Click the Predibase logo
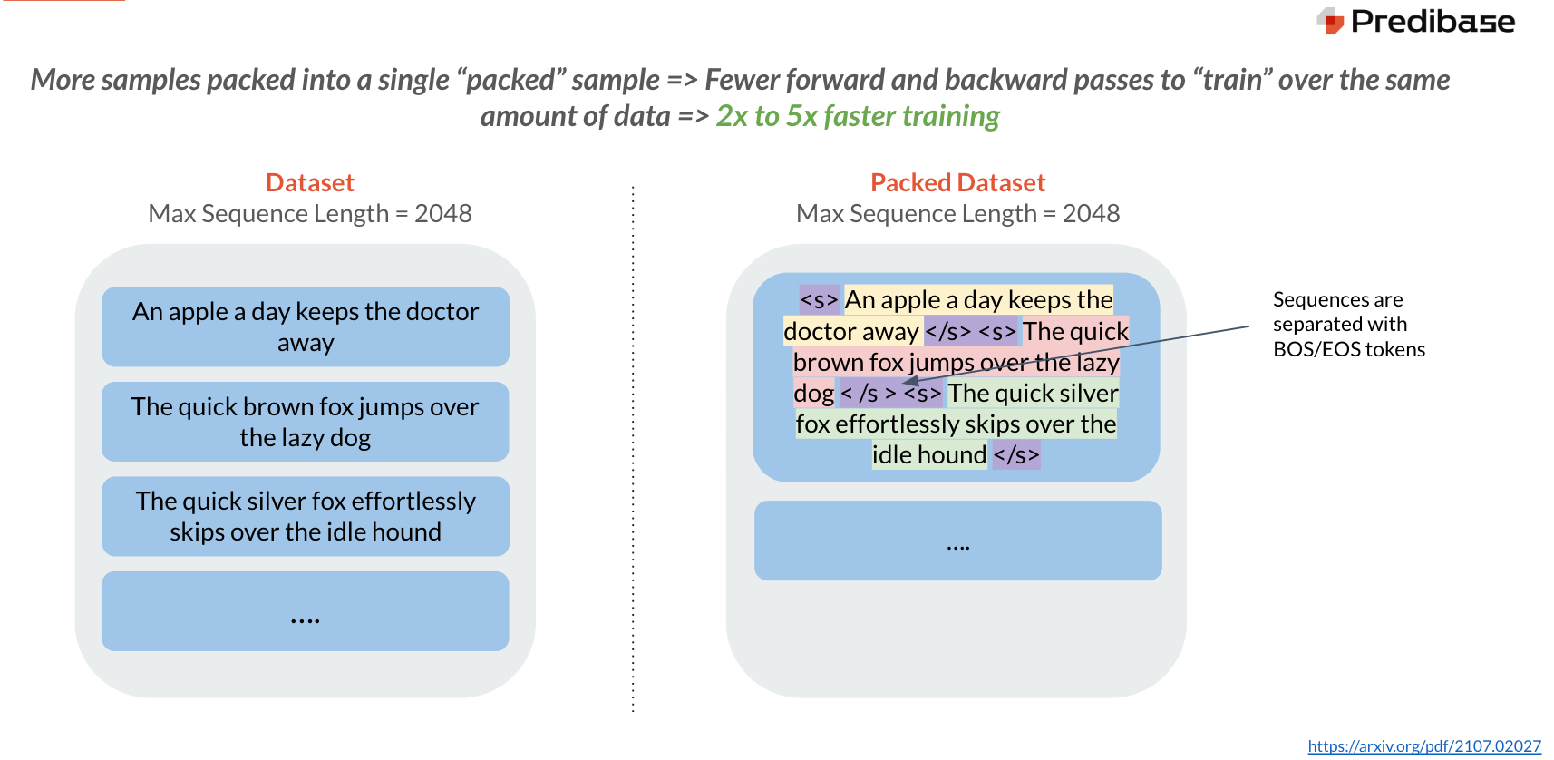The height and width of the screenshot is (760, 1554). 1416,21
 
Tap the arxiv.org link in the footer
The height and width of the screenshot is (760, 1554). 1423,745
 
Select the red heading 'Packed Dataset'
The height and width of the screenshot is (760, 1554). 957,183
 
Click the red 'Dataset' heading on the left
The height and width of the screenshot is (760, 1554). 309,183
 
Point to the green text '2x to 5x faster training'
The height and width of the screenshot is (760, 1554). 858,117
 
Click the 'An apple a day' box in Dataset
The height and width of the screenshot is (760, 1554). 306,326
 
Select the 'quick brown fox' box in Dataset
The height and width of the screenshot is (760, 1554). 306,422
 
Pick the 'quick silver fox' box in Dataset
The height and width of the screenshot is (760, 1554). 306,516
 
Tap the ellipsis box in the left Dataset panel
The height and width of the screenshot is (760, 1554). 306,611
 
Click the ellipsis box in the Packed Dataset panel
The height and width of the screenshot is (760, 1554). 957,541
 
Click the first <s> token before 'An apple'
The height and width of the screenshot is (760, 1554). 819,300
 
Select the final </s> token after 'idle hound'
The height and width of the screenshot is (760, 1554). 1015,455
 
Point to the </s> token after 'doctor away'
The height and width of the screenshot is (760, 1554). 947,332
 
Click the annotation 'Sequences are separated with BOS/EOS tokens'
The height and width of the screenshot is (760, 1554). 1348,325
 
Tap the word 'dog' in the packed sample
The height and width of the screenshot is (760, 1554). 813,394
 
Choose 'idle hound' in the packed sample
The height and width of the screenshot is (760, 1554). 928,455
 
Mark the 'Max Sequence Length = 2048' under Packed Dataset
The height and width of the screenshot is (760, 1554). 957,214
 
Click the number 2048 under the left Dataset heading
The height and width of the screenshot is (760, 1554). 442,214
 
